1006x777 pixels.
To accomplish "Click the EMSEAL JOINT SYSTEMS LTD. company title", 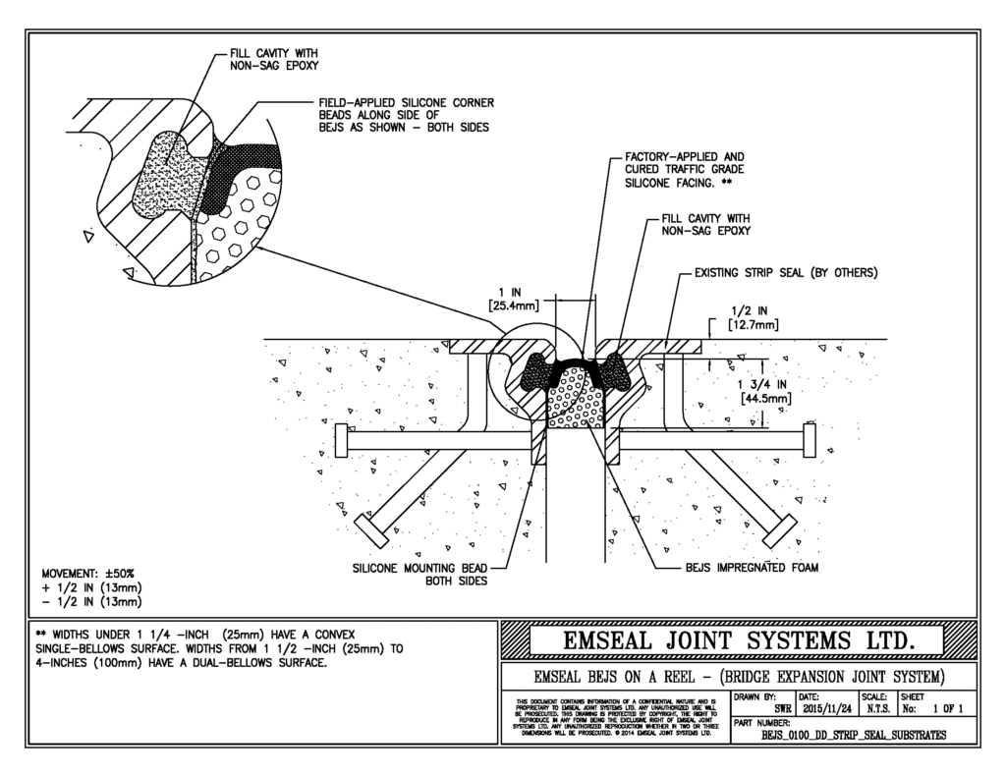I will point(741,641).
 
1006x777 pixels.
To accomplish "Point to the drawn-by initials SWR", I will point(783,707).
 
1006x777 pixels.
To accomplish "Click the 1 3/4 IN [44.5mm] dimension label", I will point(762,391).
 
